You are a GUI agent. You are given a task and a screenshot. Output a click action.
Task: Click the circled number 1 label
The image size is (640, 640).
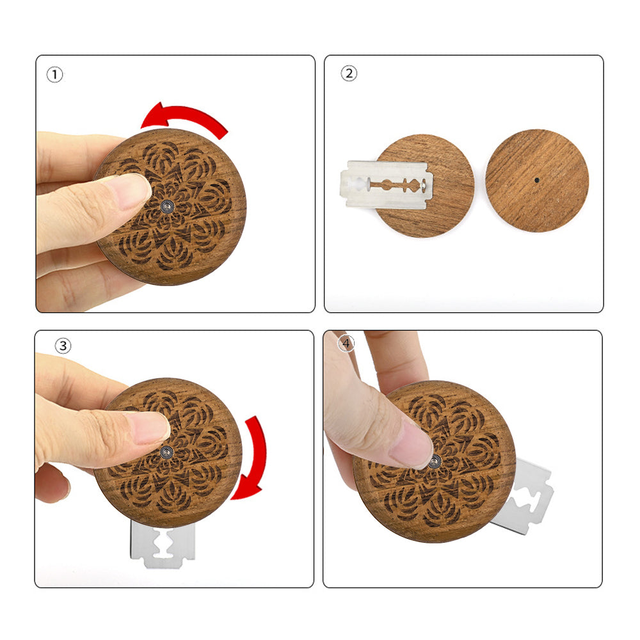(54, 75)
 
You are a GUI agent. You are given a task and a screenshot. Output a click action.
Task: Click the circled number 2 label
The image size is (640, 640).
(349, 74)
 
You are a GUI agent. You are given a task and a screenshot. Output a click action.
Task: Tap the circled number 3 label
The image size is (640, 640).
(63, 346)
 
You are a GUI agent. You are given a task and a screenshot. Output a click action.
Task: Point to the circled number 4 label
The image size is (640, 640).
(346, 343)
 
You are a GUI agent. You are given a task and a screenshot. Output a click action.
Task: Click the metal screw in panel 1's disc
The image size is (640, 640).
(167, 207)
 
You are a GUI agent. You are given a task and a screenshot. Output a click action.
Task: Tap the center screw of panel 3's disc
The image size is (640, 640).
(166, 452)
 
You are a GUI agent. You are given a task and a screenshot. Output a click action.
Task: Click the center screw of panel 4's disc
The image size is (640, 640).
(435, 461)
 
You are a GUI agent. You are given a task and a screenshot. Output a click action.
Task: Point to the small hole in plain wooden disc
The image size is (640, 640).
(536, 180)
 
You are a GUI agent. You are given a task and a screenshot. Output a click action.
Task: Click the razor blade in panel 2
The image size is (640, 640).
(386, 184)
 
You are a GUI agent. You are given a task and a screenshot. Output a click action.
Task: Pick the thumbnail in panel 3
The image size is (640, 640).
(151, 428)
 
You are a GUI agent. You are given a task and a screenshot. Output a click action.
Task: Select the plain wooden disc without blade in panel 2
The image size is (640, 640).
(537, 181)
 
